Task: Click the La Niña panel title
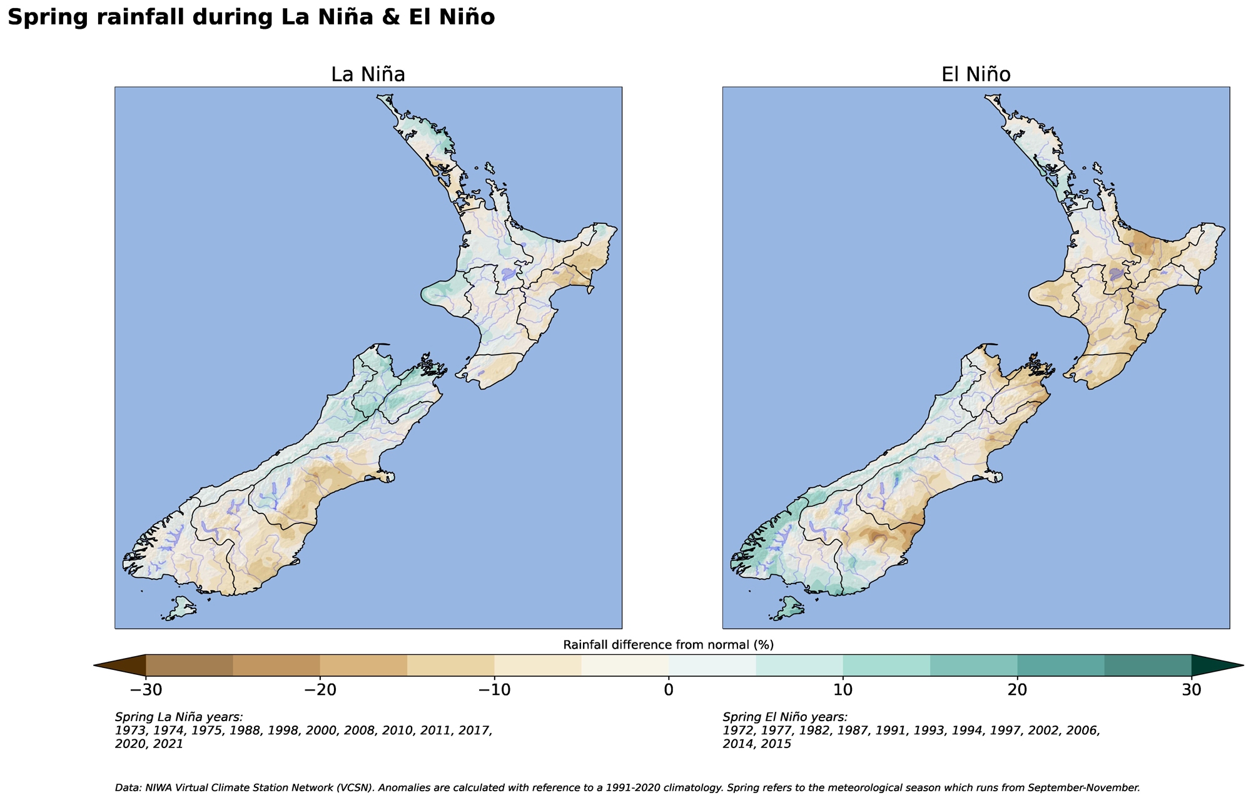tap(368, 74)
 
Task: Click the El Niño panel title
tap(976, 74)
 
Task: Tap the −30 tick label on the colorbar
tap(146, 690)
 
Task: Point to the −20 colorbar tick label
tap(320, 690)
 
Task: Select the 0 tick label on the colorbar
tap(669, 690)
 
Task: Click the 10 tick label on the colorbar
tap(843, 690)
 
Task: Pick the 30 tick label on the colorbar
tap(1192, 690)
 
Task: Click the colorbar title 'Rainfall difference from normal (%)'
tap(669, 645)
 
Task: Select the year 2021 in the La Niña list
tap(169, 744)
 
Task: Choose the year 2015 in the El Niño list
tap(777, 744)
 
